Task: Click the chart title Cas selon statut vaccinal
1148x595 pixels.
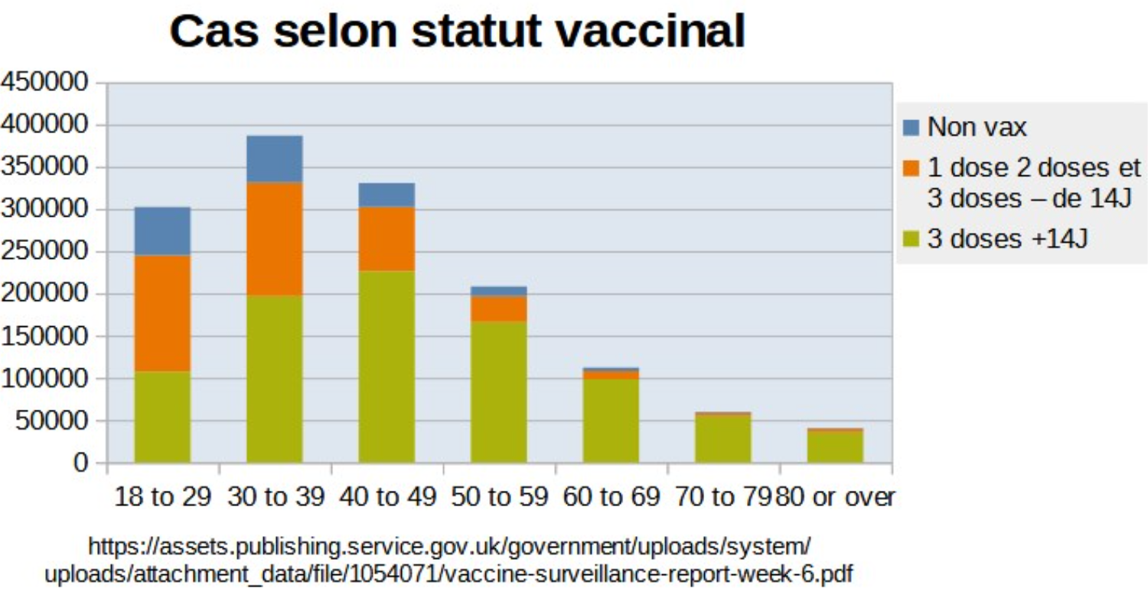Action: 457,32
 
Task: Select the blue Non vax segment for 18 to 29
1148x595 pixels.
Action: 162,230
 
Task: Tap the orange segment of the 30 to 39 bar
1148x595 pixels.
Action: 274,238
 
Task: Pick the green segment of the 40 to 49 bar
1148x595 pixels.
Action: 386,366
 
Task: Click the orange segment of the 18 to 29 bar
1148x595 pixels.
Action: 162,313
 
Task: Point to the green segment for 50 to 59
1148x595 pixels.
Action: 498,391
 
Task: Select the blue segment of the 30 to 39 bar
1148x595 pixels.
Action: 274,159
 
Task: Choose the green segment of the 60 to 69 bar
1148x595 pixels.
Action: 611,420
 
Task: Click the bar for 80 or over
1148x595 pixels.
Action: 835,446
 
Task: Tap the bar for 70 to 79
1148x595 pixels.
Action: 722,439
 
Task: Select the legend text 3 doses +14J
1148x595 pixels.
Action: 1008,239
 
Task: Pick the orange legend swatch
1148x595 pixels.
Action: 912,168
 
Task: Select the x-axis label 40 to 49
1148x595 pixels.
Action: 386,498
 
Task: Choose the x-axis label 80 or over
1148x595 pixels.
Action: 836,498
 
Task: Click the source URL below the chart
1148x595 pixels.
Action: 449,560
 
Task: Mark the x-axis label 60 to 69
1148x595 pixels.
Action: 611,498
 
